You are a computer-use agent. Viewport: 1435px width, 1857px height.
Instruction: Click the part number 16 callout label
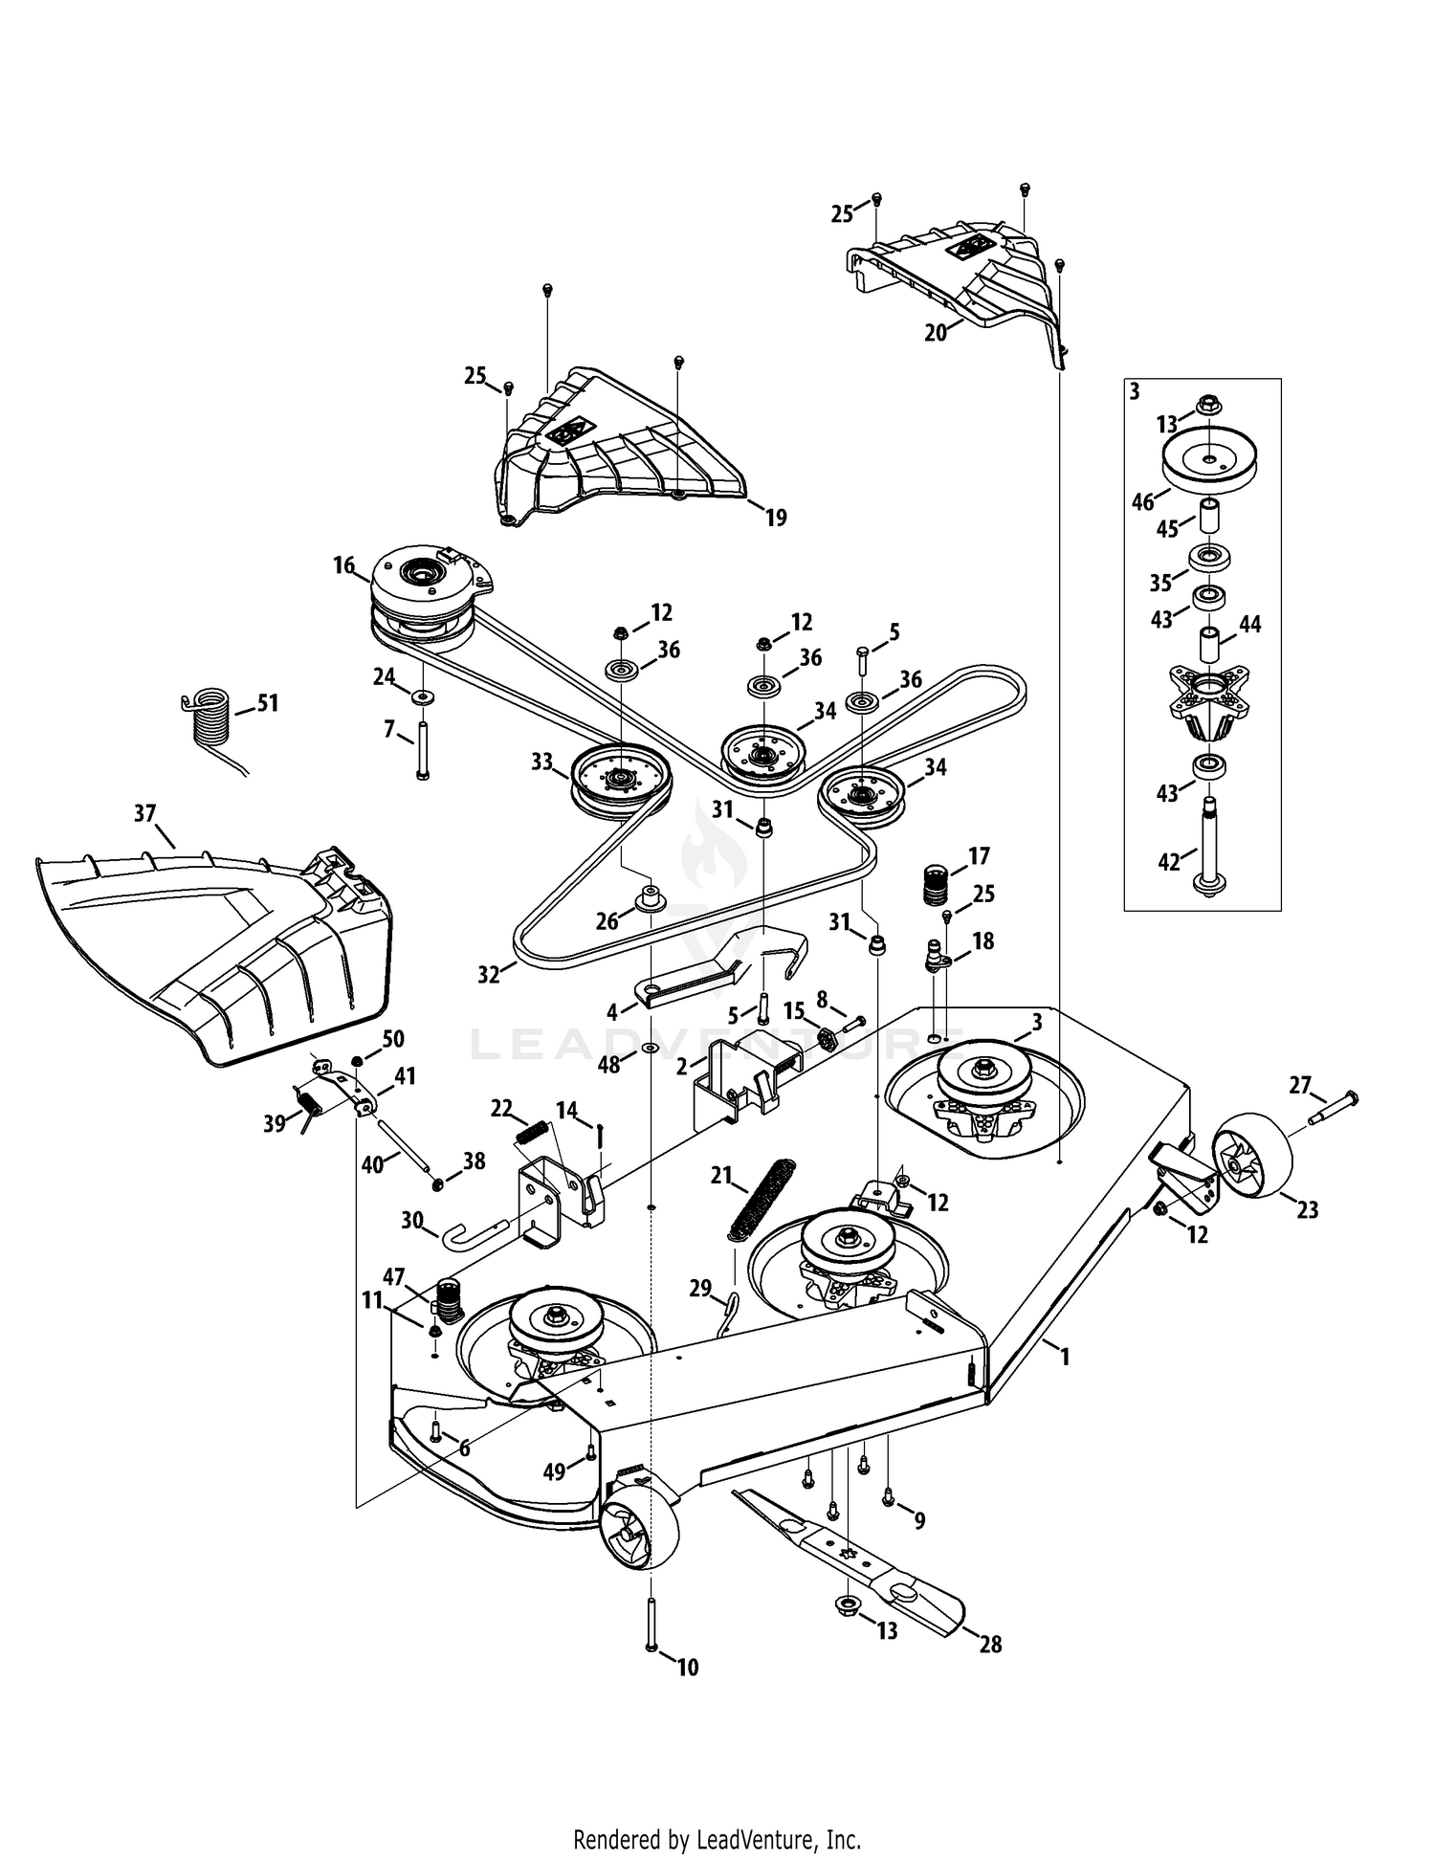click(x=343, y=564)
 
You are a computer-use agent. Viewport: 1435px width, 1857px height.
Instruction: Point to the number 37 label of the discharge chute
click(x=144, y=813)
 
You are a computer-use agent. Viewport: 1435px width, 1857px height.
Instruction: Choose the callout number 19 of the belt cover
click(x=776, y=518)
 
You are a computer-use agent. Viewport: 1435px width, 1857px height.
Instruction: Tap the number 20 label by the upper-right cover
click(x=935, y=332)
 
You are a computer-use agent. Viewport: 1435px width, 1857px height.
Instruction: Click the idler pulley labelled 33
click(x=622, y=782)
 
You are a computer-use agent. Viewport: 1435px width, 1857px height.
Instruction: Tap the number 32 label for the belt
click(x=489, y=975)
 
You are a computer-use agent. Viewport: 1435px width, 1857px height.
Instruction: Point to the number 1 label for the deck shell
click(x=1065, y=1356)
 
